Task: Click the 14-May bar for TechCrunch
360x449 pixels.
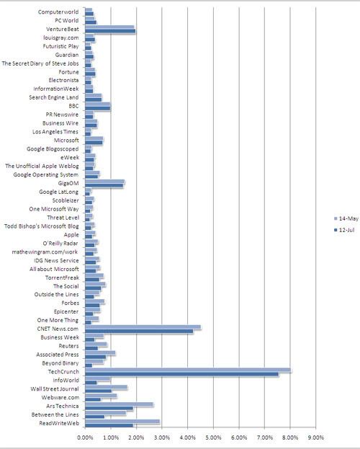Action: click(x=188, y=370)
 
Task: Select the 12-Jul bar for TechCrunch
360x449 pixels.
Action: click(x=181, y=374)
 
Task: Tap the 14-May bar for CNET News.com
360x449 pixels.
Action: click(x=143, y=327)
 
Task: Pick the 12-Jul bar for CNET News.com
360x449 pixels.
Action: click(x=139, y=332)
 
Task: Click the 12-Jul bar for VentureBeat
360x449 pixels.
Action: click(x=110, y=31)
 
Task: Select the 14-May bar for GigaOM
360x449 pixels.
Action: click(x=104, y=182)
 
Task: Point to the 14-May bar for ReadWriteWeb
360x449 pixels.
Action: click(x=122, y=421)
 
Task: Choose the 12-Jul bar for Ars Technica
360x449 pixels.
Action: click(x=109, y=409)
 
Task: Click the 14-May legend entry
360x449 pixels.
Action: click(x=346, y=218)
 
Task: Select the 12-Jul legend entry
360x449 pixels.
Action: click(x=344, y=230)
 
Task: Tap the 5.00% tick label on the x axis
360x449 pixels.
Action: click(x=214, y=437)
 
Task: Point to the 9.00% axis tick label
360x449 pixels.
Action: click(x=316, y=437)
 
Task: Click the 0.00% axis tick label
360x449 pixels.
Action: click(x=85, y=437)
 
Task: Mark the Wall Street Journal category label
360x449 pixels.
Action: click(x=55, y=389)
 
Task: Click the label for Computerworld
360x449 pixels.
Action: click(x=58, y=12)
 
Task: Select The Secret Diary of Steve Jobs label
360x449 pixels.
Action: click(x=40, y=63)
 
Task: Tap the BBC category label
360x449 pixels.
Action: click(x=73, y=106)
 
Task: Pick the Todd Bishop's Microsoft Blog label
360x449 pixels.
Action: click(x=42, y=226)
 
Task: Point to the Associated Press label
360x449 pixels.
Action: click(x=58, y=355)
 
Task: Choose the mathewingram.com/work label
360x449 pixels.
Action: click(x=45, y=252)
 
